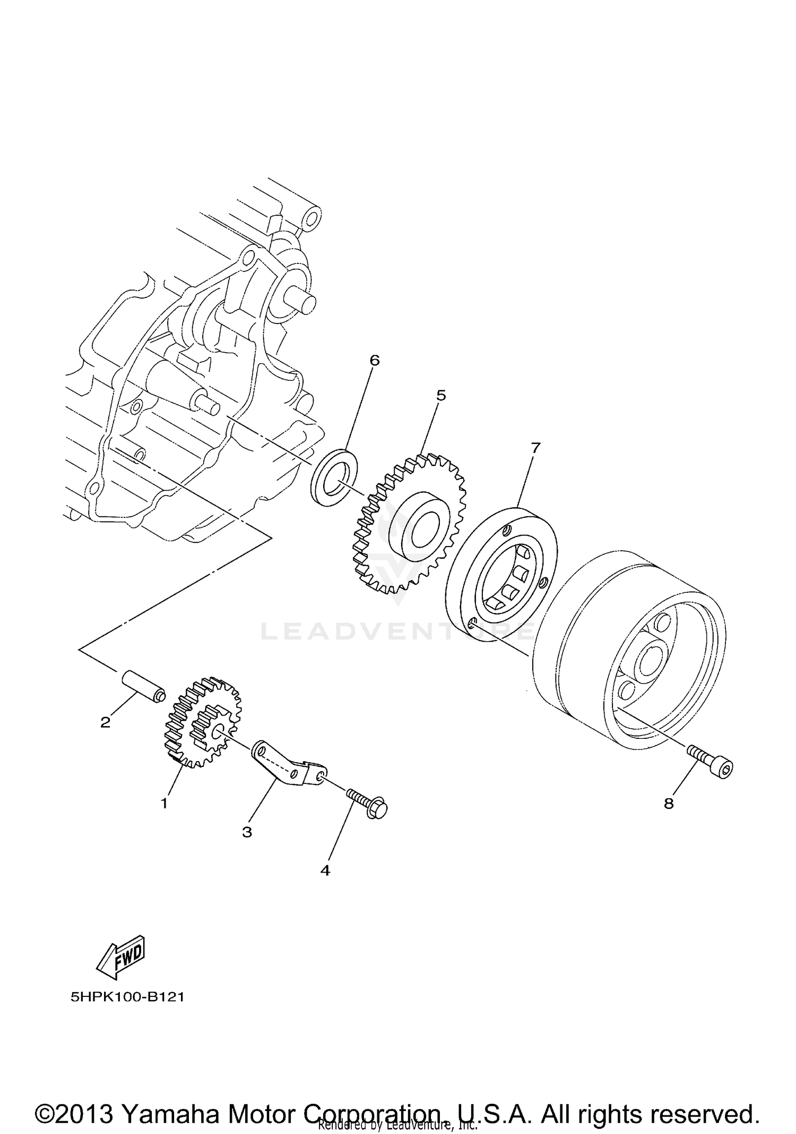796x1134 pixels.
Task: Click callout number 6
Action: tap(375, 361)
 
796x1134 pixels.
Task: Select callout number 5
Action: tap(441, 395)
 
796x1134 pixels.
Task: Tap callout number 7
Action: tap(534, 448)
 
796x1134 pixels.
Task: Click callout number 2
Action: tap(106, 722)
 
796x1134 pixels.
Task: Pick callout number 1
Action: tap(165, 803)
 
